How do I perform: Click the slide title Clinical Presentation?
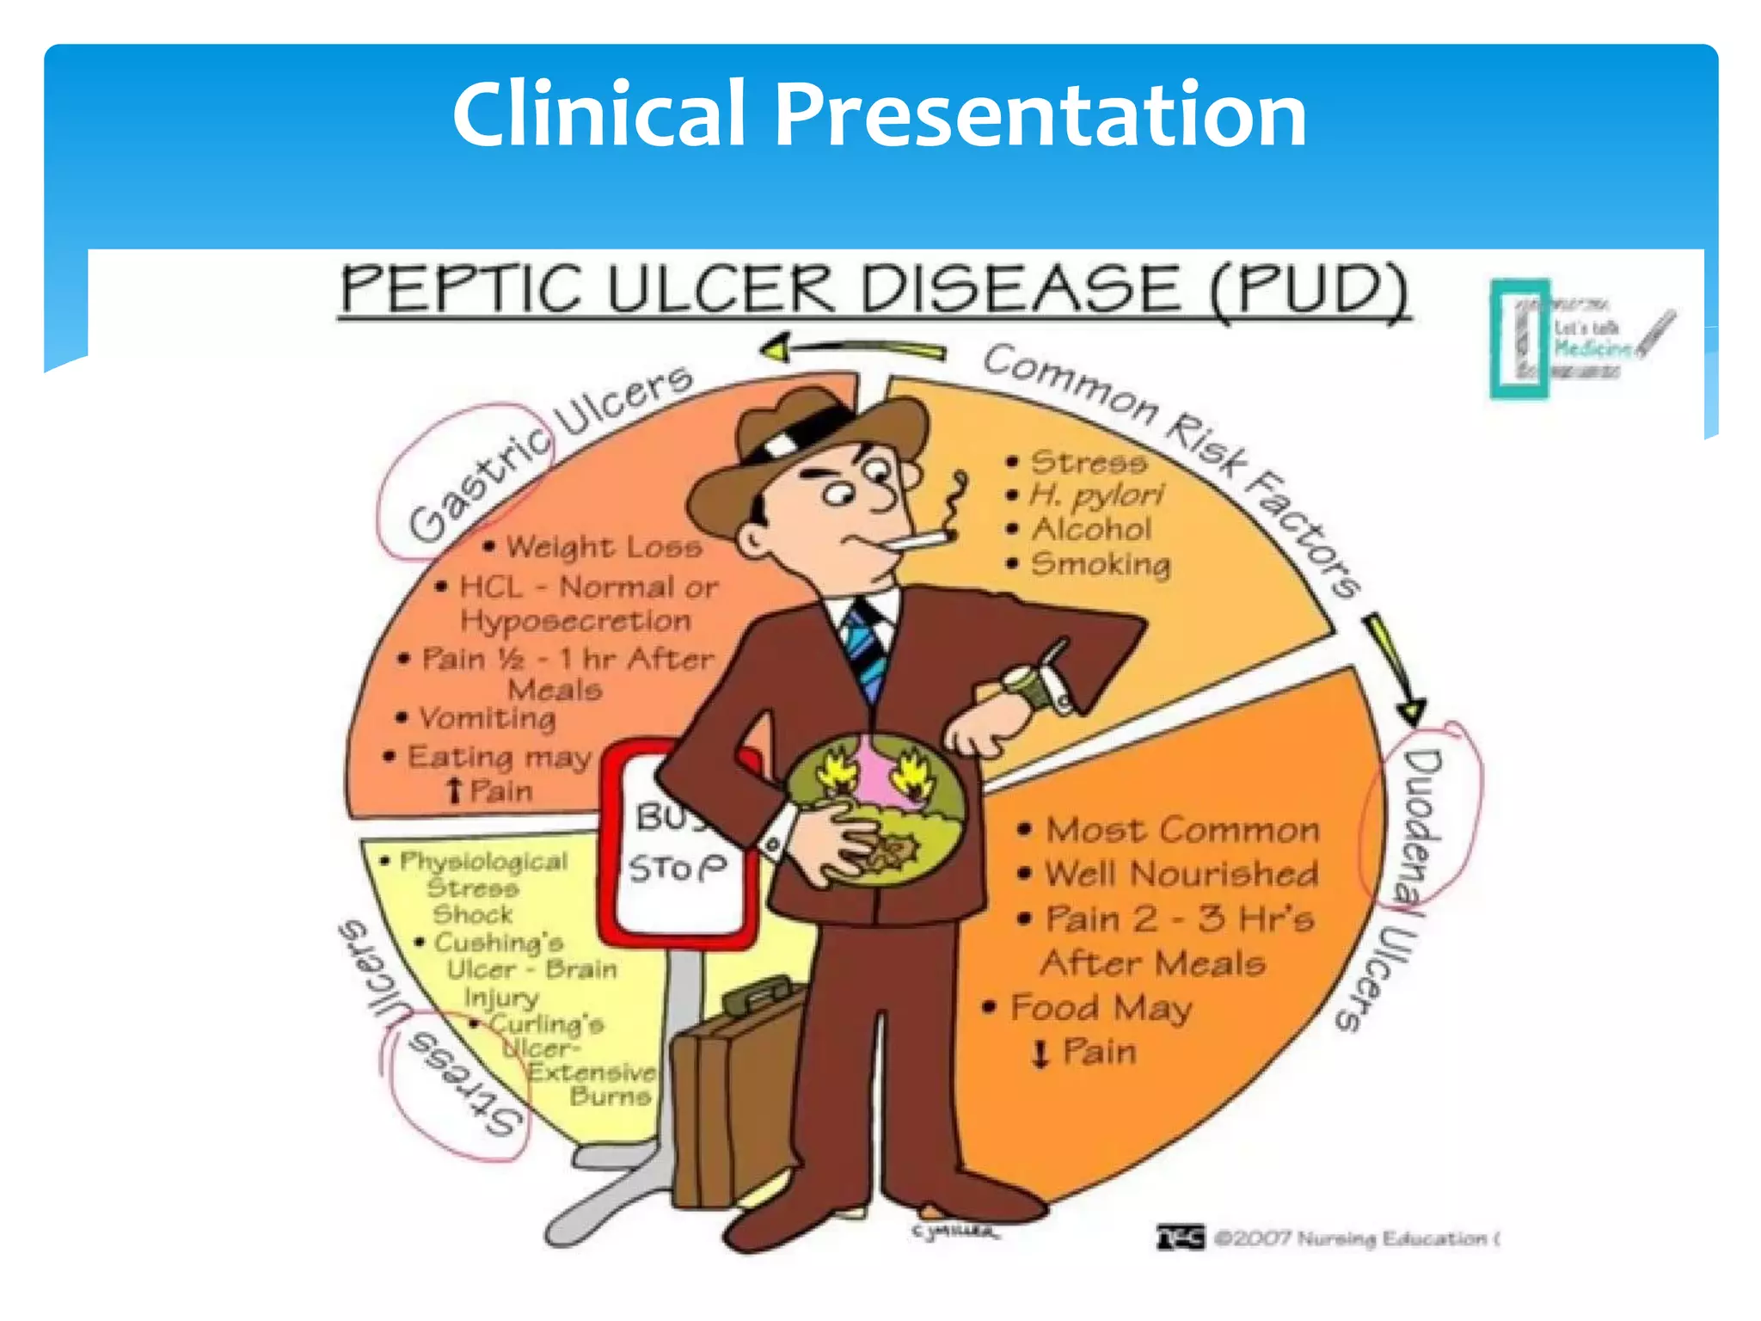coord(879,114)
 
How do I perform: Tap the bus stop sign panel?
coord(679,843)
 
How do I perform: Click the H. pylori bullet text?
coord(1096,495)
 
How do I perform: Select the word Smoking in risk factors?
coord(1101,564)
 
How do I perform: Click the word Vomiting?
coord(487,718)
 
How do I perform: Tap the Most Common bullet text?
coord(1182,830)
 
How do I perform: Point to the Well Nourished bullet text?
coord(1181,874)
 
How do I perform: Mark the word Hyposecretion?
coord(575,620)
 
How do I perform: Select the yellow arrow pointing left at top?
coord(851,350)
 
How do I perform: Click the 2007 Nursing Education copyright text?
coord(1354,1238)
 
